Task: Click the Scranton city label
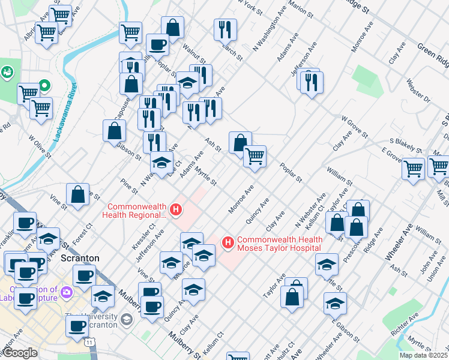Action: coord(80,258)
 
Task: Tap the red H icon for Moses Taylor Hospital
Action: coord(228,242)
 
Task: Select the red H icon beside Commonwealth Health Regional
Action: coord(176,210)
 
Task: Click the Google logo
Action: coord(20,353)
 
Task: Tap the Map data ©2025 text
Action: coord(423,355)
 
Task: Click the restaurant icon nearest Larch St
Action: coord(225,28)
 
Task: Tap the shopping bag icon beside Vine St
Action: coord(77,194)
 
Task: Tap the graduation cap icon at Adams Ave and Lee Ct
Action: coord(161,161)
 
